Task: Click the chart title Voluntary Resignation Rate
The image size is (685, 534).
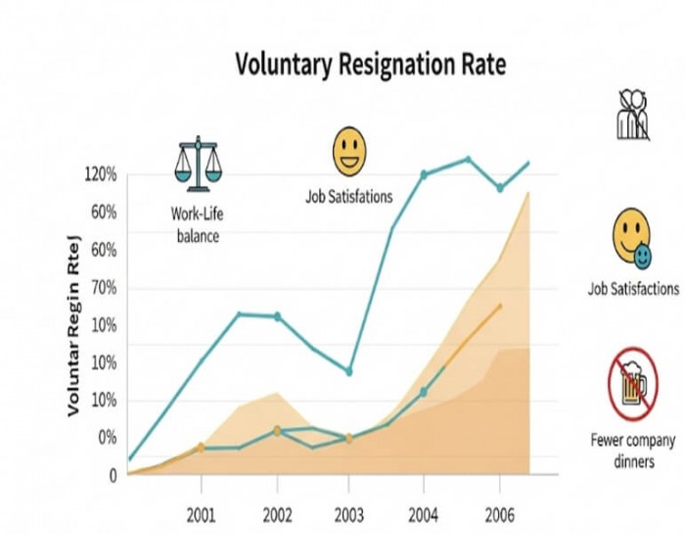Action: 371,66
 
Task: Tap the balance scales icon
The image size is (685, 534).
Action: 198,165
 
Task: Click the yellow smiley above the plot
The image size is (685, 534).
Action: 348,152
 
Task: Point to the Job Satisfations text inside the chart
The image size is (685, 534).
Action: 348,197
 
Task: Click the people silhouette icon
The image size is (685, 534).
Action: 633,115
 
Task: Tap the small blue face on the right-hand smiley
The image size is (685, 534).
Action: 643,257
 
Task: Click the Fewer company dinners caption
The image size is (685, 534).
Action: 633,451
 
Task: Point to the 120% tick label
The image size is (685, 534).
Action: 101,174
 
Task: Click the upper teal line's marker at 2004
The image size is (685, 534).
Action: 424,174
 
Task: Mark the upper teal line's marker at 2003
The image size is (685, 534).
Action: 348,371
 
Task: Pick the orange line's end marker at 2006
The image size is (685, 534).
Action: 500,307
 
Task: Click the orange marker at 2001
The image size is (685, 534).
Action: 201,448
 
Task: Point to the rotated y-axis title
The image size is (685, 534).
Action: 74,325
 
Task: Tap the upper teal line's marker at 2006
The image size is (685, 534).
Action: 500,188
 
